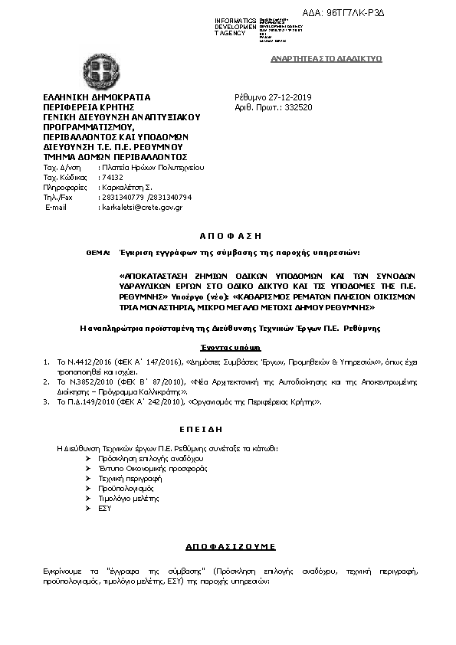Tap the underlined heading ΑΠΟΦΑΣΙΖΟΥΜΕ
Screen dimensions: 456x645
231,546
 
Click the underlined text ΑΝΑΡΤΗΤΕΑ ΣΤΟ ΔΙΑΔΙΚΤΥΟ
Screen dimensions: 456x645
327,59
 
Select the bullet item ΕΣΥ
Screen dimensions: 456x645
106,507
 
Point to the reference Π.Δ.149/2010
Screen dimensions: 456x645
81,401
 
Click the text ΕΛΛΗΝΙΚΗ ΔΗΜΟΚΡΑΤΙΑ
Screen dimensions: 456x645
97,98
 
